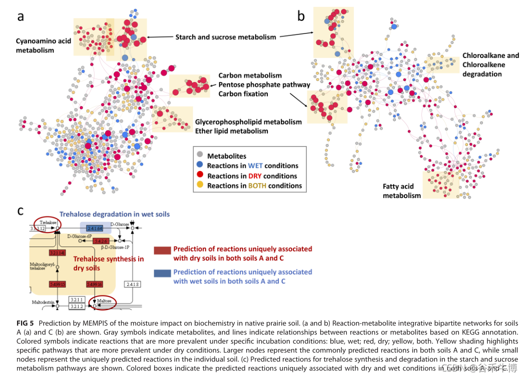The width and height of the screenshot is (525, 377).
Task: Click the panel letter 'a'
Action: (21, 17)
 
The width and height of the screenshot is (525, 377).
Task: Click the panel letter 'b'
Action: (301, 17)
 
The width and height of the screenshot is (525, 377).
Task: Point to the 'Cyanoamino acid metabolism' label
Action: (44, 45)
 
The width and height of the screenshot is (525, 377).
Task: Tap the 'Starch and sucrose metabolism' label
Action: (225, 37)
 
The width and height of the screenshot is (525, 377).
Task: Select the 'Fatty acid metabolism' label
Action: (401, 191)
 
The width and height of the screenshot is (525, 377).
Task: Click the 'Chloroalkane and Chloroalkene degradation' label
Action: (483, 65)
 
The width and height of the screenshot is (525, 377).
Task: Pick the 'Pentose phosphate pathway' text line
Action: (264, 84)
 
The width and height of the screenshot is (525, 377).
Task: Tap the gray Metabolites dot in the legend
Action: (200, 156)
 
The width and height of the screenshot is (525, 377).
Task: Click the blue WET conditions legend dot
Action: (200, 165)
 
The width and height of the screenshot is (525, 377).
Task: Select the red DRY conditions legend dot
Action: (200, 175)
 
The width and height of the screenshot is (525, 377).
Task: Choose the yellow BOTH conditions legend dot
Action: (200, 185)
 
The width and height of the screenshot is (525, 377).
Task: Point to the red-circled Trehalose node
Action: (46, 223)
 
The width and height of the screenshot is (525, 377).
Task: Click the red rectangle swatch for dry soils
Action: (162, 249)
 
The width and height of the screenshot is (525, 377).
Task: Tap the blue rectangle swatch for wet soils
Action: (162, 272)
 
